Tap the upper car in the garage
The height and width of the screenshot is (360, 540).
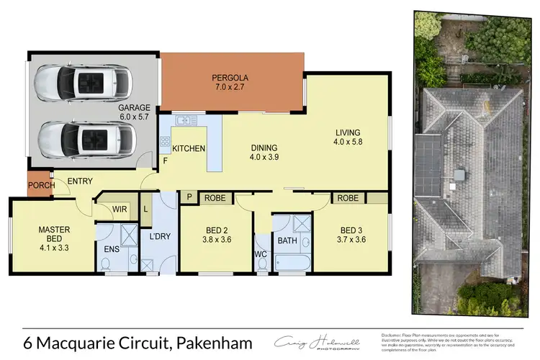pos(84,81)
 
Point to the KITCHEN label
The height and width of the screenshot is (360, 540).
pos(189,148)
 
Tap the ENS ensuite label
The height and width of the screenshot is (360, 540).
pos(111,250)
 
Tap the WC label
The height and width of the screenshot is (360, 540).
pos(261,254)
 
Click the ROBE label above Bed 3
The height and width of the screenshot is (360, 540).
pos(348,197)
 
